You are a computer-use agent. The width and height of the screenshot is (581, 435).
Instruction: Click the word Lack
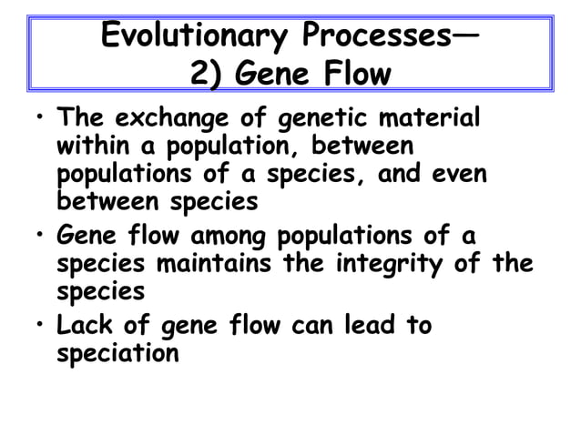82,325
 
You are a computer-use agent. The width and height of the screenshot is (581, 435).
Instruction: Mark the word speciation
117,352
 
